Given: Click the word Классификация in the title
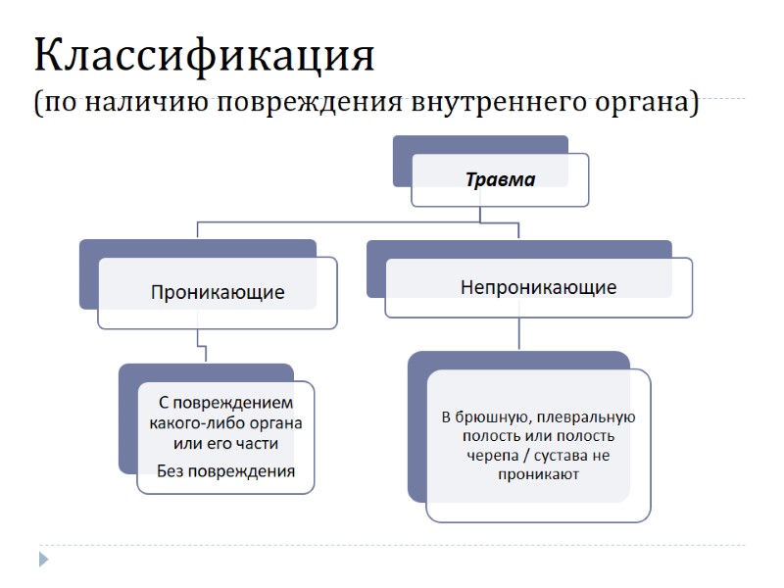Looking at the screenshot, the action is [x=204, y=56].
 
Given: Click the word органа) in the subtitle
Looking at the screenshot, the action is [x=643, y=103].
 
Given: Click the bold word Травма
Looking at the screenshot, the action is [x=500, y=179].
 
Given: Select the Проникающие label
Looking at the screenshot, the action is [x=218, y=292].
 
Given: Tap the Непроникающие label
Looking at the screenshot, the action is [x=538, y=287].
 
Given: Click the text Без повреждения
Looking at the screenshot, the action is [x=226, y=470].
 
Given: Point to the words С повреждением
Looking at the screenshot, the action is [x=226, y=403].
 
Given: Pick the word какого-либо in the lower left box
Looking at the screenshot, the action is [x=189, y=423].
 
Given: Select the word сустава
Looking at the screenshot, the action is [x=563, y=456].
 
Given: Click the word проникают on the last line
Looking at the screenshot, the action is [x=538, y=474].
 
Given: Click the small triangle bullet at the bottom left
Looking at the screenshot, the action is [x=43, y=560].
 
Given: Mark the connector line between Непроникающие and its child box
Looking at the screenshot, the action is [x=518, y=334].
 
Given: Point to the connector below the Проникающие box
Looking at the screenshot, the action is [x=200, y=346].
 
